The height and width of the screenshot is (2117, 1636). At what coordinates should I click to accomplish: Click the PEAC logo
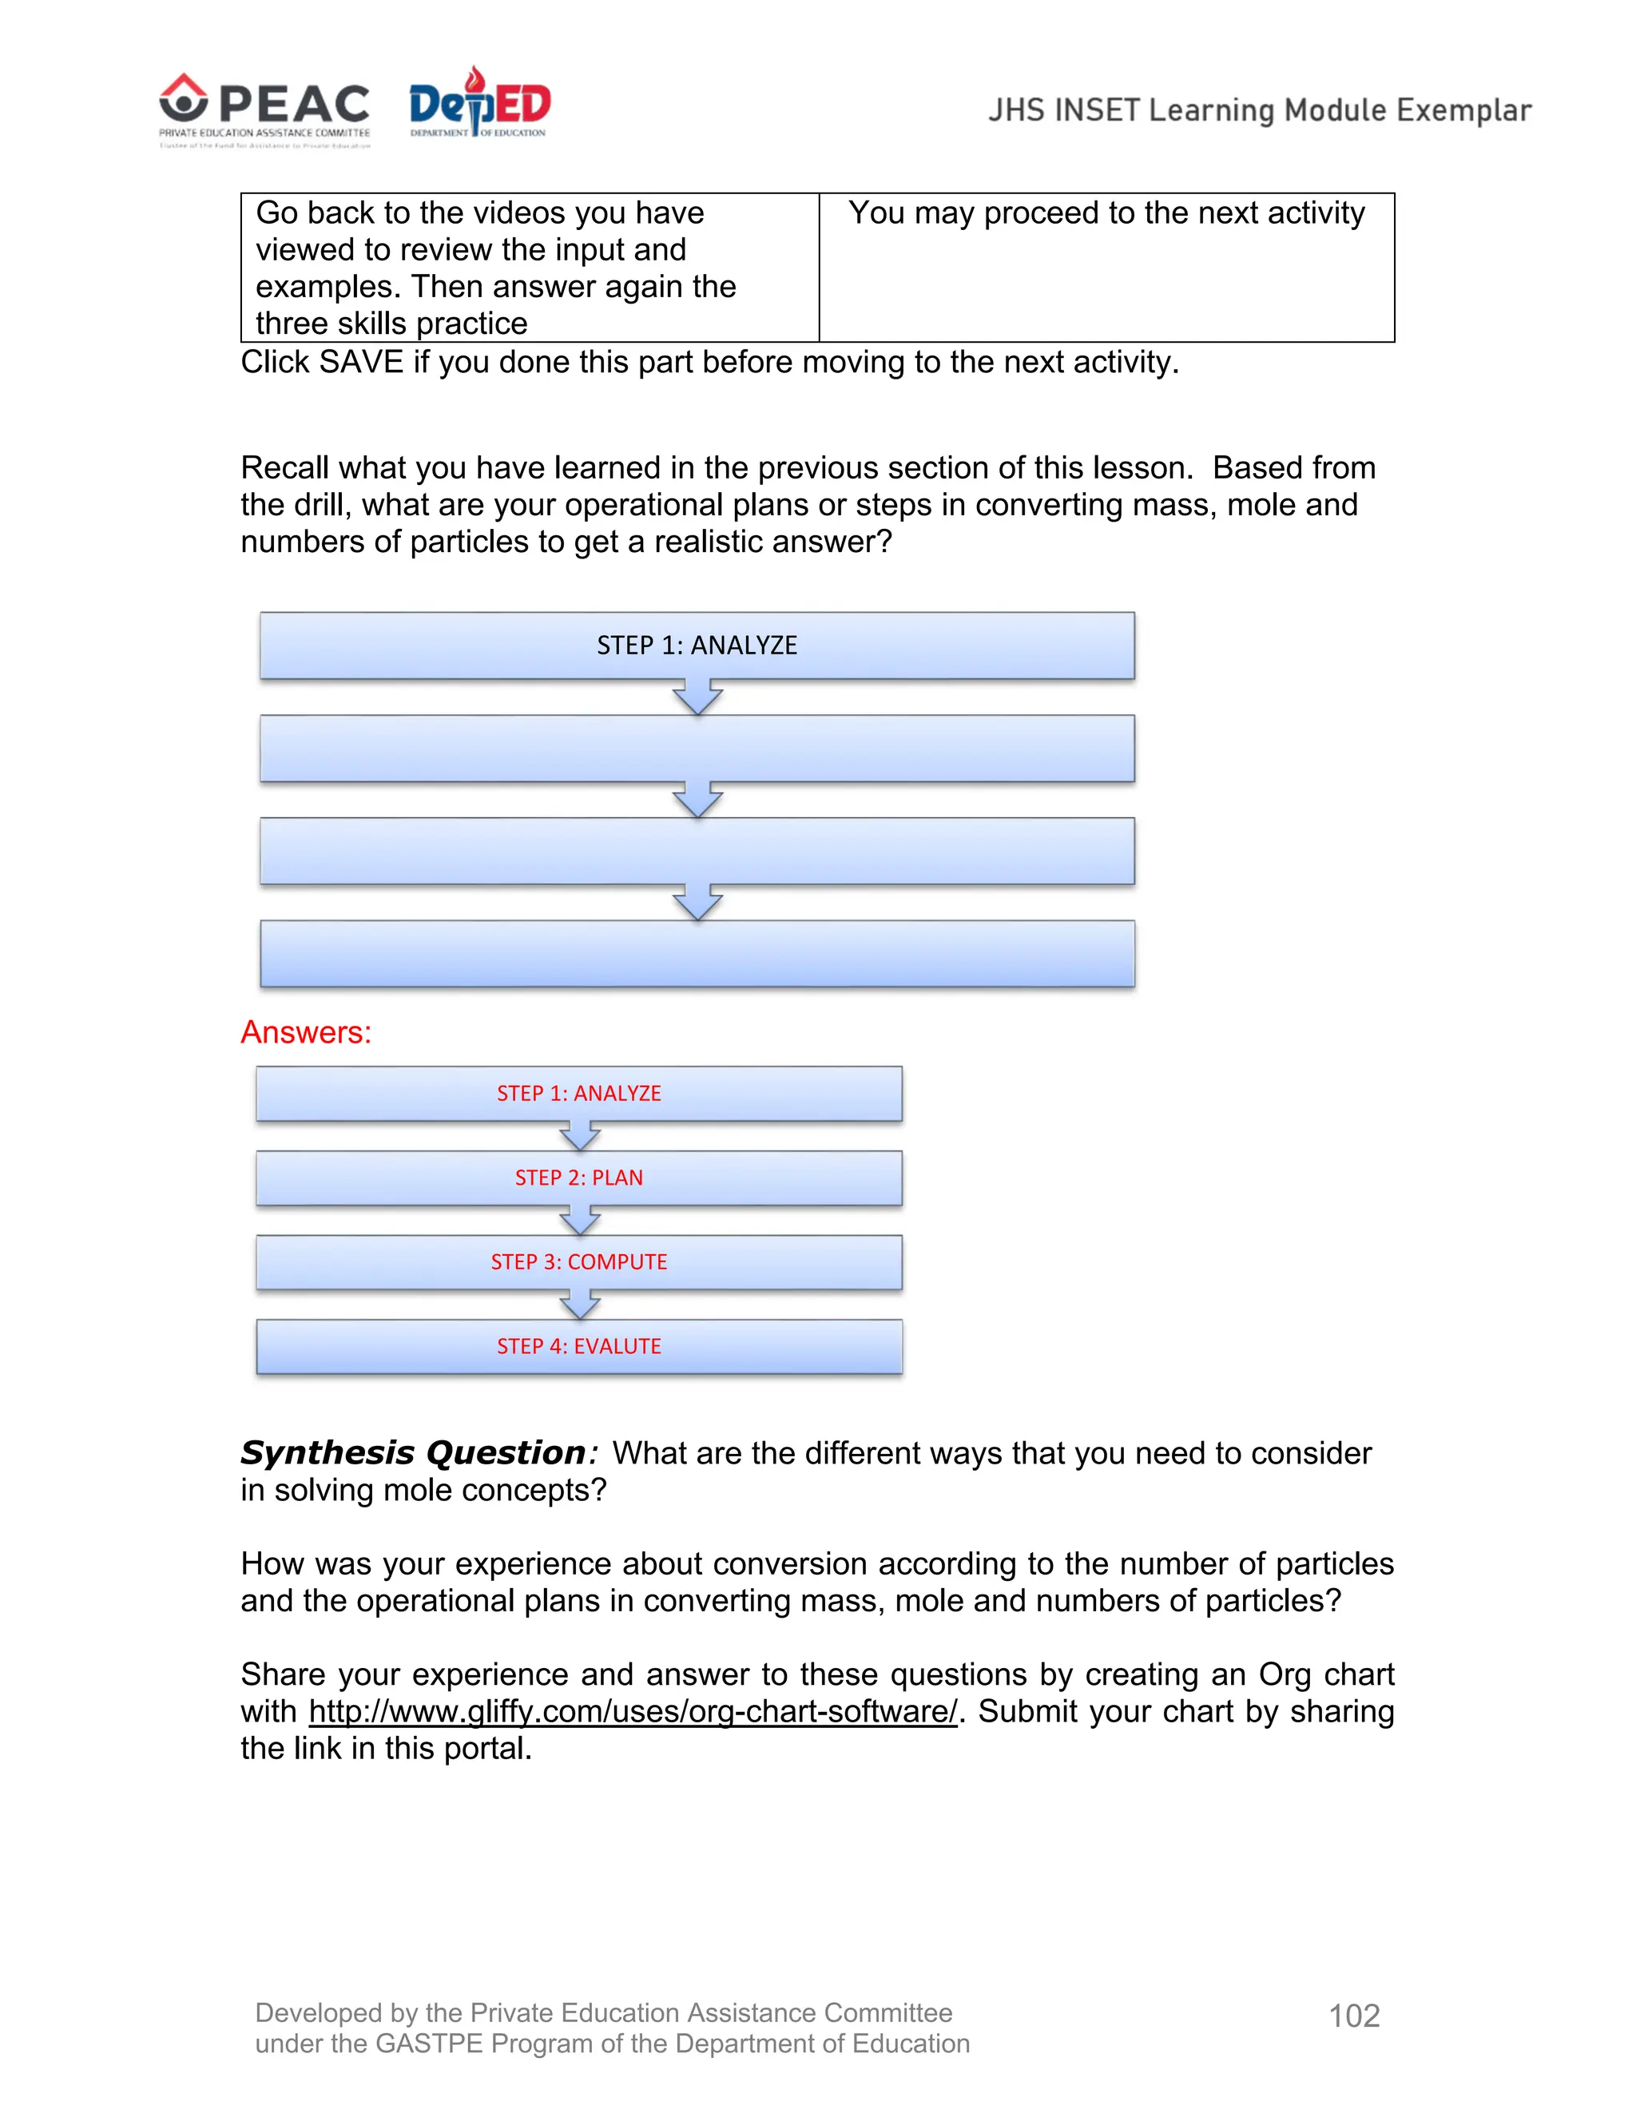(x=264, y=109)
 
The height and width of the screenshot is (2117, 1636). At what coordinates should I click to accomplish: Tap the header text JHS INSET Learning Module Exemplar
(x=1259, y=110)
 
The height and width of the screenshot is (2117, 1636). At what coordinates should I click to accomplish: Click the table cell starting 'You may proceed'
(x=1106, y=267)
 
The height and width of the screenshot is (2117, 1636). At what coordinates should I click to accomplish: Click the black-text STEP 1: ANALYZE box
(x=697, y=645)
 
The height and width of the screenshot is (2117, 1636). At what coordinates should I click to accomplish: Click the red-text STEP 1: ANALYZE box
(x=578, y=1094)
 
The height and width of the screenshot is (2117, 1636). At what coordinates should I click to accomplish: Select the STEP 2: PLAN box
(x=578, y=1178)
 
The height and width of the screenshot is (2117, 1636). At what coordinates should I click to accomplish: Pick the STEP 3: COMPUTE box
(x=578, y=1262)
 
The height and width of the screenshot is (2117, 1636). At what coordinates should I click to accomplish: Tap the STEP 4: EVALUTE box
(x=578, y=1346)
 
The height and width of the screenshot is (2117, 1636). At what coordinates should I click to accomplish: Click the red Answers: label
(x=306, y=1032)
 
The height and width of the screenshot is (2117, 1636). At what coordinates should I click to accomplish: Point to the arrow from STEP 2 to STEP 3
(x=580, y=1221)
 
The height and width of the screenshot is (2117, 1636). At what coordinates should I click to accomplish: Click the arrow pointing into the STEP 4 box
(x=580, y=1305)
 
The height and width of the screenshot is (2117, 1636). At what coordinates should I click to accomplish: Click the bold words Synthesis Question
(x=413, y=1453)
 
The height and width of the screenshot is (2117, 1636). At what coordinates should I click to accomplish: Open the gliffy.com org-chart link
(x=632, y=1712)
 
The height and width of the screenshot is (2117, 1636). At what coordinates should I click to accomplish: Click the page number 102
(x=1354, y=2016)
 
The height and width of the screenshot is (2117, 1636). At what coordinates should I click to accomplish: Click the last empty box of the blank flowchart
(x=697, y=954)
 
